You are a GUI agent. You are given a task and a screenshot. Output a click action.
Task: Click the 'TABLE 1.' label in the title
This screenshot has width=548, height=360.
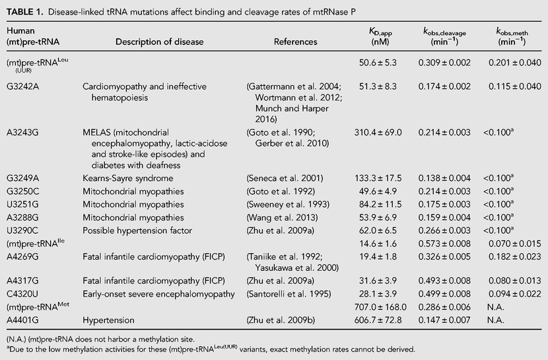(x=25, y=12)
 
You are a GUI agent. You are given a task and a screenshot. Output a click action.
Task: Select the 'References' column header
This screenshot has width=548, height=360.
(x=295, y=42)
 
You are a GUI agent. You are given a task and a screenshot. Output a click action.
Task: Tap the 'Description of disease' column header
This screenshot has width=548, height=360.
(x=159, y=42)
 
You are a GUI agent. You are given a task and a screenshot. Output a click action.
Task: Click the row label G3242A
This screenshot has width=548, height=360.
(x=22, y=87)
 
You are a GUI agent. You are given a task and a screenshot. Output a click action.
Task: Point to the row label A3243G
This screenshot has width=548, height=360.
(x=22, y=133)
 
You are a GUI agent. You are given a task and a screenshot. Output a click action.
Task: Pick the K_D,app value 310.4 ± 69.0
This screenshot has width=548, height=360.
(x=378, y=133)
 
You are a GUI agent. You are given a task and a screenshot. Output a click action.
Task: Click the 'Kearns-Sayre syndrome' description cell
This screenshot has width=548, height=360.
(x=128, y=178)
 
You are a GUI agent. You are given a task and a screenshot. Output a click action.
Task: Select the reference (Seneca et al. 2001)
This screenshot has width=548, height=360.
(x=285, y=178)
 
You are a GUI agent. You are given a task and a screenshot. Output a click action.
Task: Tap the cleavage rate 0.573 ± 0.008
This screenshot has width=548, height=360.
(x=444, y=244)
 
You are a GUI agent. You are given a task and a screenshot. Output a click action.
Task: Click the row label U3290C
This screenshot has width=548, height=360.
(x=22, y=231)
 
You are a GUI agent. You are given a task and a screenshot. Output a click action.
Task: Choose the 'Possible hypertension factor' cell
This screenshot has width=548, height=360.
(x=137, y=231)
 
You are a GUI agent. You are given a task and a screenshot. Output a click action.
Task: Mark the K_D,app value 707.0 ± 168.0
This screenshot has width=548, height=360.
(x=380, y=307)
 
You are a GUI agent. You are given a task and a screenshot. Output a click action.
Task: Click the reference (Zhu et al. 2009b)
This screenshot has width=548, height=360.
(x=281, y=320)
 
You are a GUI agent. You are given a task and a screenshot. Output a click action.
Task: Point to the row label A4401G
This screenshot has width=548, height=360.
(x=22, y=320)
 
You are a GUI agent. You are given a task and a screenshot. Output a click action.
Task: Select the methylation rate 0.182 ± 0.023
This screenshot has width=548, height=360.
(x=515, y=257)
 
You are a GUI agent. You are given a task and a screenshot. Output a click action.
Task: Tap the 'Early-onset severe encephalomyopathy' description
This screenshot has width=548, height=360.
(x=158, y=295)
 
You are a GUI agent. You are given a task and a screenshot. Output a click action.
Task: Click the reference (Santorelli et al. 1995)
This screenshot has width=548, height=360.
(x=289, y=294)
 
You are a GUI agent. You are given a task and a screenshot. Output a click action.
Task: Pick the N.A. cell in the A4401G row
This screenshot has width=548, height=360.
(x=496, y=320)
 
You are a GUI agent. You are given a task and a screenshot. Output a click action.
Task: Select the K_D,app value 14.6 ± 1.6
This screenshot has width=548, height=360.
(x=378, y=244)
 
